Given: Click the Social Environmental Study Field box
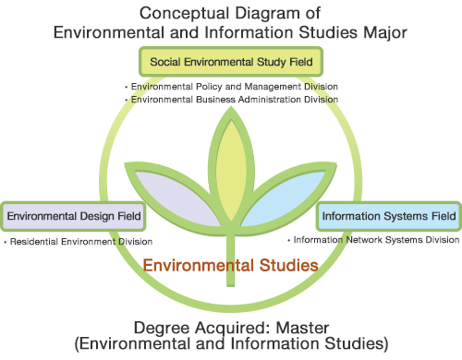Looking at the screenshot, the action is pos(231,62).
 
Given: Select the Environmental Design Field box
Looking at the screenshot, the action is pos(74,217).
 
